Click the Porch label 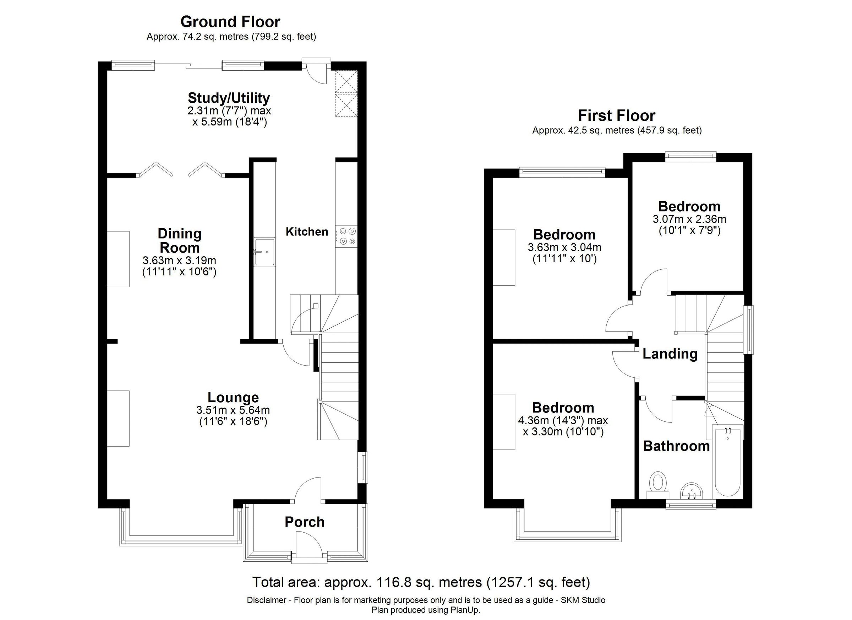coord(304,522)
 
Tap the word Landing coord(670,354)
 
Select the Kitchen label coord(306,232)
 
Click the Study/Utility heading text coord(229,98)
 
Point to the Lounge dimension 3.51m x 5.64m coord(233,410)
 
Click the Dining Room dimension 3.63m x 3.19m coord(179,260)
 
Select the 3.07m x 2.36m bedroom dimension coord(689,219)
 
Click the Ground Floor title coord(230,22)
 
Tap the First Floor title coord(617,115)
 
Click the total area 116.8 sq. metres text coord(421,582)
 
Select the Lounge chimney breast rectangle coord(118,419)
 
